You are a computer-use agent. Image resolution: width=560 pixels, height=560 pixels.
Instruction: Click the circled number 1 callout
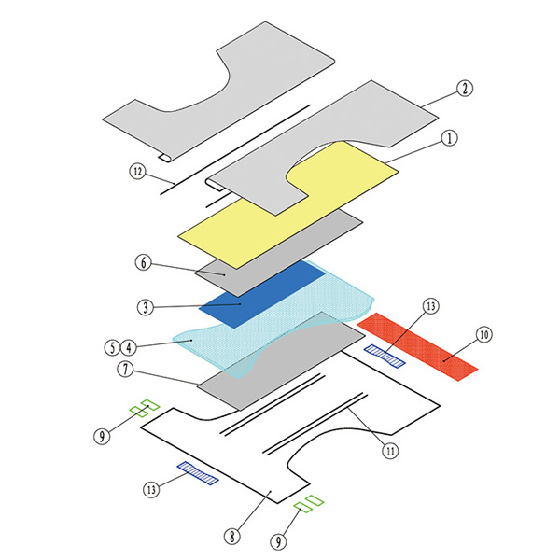pyautogui.click(x=450, y=138)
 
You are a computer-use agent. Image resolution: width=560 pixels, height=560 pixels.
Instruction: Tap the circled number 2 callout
pyautogui.click(x=465, y=89)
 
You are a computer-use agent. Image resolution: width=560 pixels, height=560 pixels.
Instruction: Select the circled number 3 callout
pyautogui.click(x=146, y=307)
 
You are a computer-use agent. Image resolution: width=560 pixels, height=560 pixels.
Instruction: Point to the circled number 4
pyautogui.click(x=129, y=347)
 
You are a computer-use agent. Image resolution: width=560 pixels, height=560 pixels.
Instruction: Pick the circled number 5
pyautogui.click(x=113, y=347)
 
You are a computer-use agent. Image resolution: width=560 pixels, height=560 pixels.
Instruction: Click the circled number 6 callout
pyautogui.click(x=143, y=262)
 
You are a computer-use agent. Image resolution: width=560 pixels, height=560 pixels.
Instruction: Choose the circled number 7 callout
pyautogui.click(x=125, y=370)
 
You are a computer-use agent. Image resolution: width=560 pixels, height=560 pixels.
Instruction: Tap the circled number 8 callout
pyautogui.click(x=232, y=536)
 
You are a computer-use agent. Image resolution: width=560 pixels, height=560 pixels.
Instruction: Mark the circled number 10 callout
pyautogui.click(x=483, y=335)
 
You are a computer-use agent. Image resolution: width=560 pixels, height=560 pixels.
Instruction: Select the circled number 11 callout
pyautogui.click(x=390, y=451)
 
